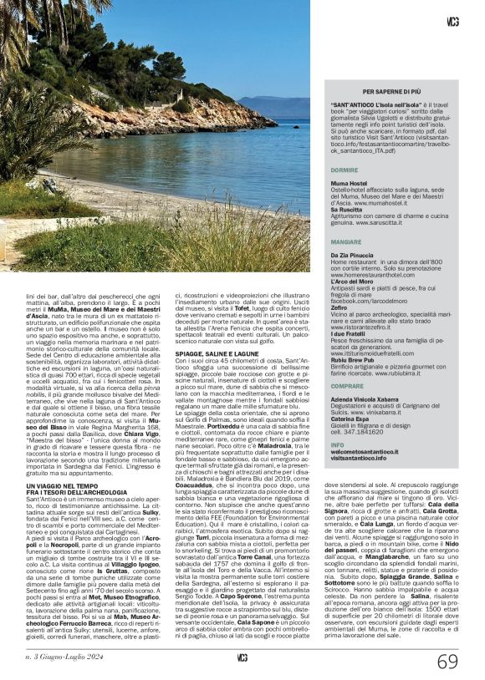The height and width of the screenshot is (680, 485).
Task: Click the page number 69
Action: [447, 662]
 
